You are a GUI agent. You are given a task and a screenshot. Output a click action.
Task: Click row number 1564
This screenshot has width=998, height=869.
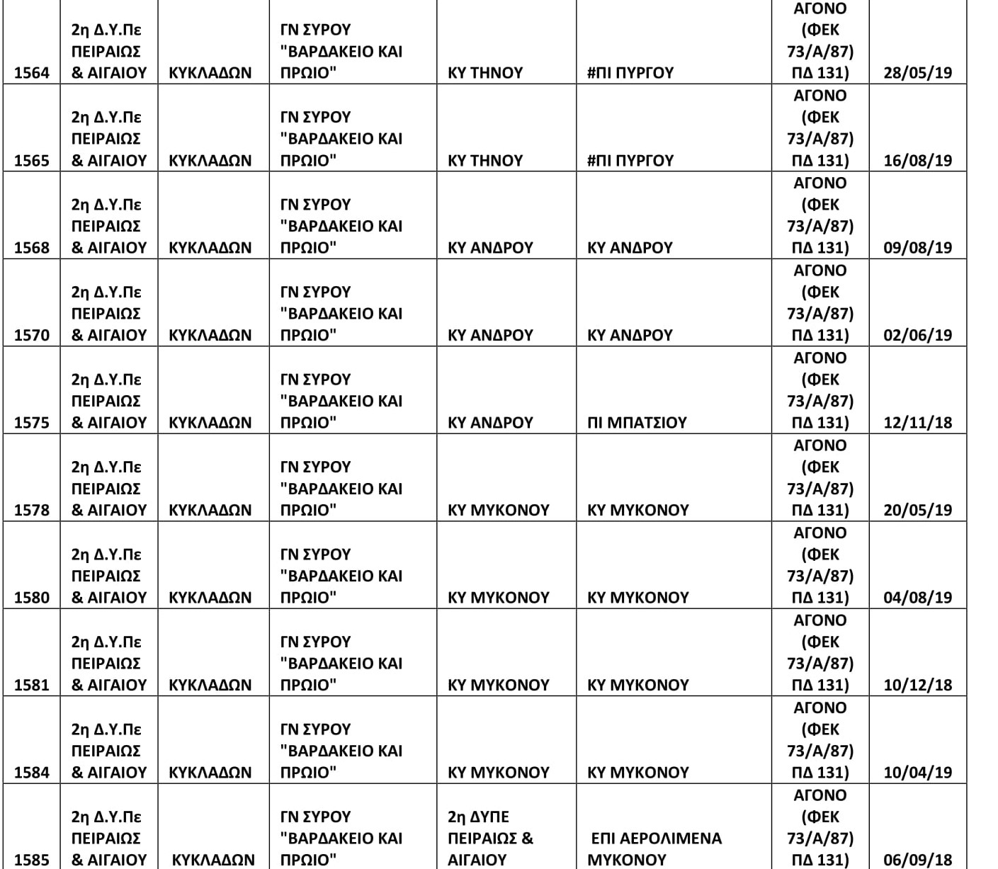[x=32, y=73]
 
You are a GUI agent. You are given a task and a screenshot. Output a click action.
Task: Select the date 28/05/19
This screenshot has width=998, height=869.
[x=917, y=73]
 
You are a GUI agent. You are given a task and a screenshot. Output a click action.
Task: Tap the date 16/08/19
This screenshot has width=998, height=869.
[x=917, y=161]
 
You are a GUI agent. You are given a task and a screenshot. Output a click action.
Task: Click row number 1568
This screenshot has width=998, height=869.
[x=32, y=248]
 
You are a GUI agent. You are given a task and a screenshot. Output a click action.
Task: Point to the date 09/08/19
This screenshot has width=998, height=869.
[x=917, y=248]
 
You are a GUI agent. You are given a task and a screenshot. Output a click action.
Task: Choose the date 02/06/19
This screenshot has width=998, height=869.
[x=917, y=335]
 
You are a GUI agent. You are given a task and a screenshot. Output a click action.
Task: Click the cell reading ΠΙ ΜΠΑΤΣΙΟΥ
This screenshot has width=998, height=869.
[x=637, y=423]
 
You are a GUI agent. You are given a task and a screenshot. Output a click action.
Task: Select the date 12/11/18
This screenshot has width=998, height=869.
[x=917, y=423]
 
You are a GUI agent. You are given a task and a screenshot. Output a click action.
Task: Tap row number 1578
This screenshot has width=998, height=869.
[x=32, y=510]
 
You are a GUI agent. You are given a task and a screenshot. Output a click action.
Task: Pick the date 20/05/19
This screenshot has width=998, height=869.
[x=917, y=510]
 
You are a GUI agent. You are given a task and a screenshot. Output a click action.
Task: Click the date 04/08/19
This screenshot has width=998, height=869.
[x=917, y=598]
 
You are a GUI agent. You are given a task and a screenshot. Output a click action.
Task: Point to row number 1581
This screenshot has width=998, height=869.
[x=32, y=685]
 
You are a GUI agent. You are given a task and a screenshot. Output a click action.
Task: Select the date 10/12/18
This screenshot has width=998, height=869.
[x=917, y=685]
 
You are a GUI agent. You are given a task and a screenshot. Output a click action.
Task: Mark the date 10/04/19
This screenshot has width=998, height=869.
[x=917, y=773]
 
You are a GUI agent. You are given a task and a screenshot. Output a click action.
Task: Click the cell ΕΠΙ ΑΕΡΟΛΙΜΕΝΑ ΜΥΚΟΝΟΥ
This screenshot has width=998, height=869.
[x=654, y=849]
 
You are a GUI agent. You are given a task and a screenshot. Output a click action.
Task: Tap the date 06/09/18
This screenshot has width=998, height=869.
[x=917, y=860]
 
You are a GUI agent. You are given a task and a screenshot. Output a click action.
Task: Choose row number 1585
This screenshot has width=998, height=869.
[x=32, y=860]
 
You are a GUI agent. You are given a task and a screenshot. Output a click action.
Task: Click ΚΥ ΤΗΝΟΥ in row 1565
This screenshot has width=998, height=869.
[x=485, y=161]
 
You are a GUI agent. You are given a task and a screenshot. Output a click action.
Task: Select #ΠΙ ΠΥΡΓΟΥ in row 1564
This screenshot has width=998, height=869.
[x=630, y=73]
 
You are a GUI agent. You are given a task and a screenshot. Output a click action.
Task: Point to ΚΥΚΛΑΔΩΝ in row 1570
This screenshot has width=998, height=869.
[x=210, y=335]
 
